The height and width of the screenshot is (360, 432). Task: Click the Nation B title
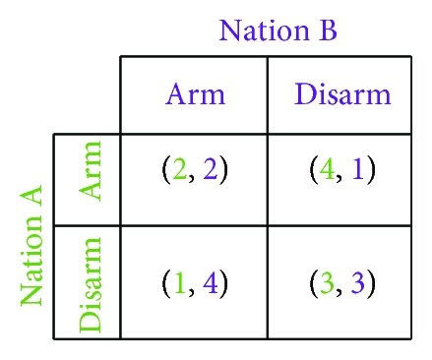click(x=278, y=30)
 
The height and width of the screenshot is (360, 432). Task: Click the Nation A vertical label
click(x=31, y=245)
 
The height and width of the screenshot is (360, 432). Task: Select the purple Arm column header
click(x=196, y=94)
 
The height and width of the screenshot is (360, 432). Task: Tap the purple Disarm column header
click(x=342, y=94)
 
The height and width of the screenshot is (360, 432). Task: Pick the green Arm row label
click(x=90, y=170)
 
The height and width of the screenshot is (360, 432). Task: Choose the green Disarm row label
click(x=90, y=285)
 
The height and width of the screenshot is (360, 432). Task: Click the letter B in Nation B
click(x=328, y=30)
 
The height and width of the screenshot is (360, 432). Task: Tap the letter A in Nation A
click(x=31, y=196)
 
